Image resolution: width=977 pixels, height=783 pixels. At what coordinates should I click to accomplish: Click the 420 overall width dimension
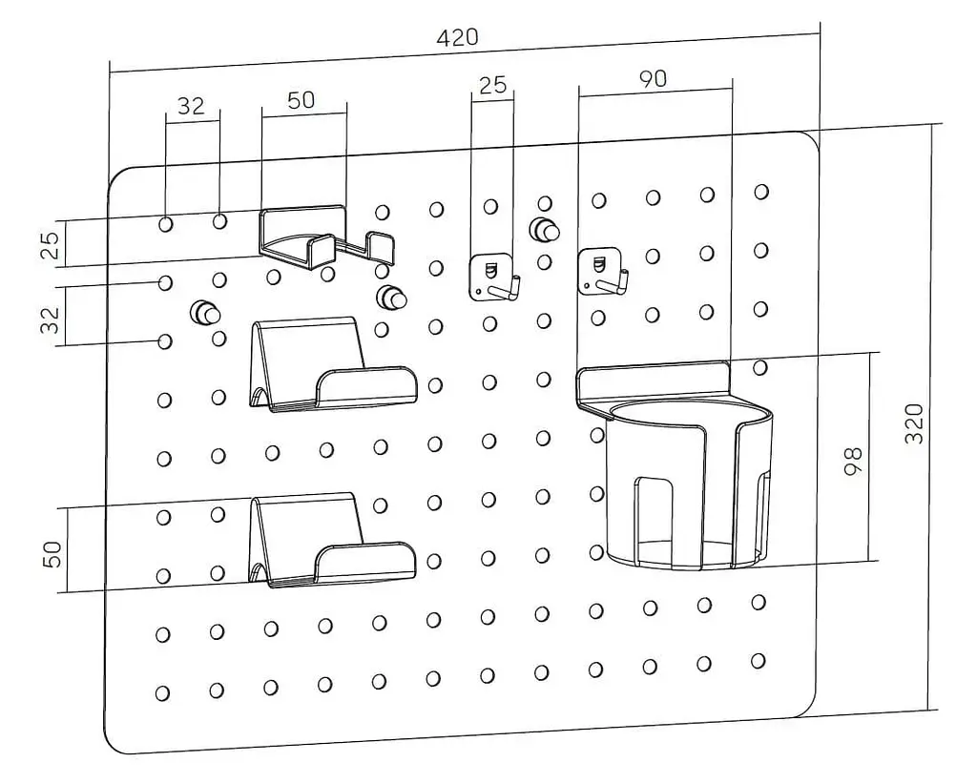(x=457, y=37)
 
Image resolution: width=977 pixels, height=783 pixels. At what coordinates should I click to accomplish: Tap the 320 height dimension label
(x=913, y=423)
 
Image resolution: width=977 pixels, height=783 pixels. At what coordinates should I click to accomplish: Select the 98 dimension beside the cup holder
(x=853, y=461)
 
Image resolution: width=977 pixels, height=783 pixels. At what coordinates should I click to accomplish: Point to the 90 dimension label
(x=653, y=79)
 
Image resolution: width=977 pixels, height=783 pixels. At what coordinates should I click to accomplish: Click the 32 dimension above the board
(x=191, y=105)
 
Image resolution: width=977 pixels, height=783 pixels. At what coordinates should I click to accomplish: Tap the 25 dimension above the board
(x=491, y=85)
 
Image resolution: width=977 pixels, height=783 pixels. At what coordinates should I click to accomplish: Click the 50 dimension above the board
(x=301, y=100)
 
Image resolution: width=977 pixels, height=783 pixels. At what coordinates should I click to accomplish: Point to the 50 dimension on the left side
(x=52, y=553)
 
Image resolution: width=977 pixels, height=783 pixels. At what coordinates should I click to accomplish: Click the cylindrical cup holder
(x=687, y=486)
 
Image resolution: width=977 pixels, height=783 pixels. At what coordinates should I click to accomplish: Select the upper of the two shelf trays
(x=329, y=367)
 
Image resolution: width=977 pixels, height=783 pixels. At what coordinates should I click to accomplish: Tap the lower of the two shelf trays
(x=329, y=542)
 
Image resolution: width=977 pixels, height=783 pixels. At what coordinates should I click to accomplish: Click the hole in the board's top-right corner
(x=761, y=192)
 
